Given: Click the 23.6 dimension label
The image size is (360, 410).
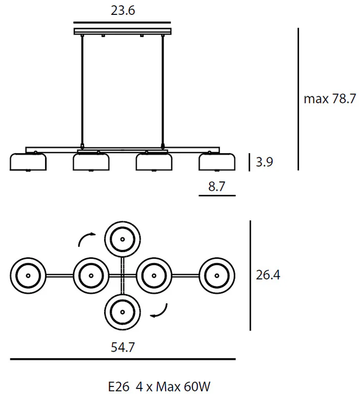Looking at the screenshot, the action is pyautogui.click(x=123, y=11).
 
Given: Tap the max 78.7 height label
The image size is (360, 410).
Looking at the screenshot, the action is pyautogui.click(x=330, y=99).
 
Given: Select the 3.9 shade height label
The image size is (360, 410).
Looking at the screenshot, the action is pyautogui.click(x=264, y=162).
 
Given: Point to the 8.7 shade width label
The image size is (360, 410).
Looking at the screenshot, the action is pyautogui.click(x=216, y=187).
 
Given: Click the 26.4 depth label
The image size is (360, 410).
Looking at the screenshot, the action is pyautogui.click(x=268, y=275).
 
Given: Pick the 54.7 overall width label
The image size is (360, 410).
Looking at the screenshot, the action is pyautogui.click(x=123, y=347).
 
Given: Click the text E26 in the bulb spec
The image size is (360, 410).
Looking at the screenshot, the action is pyautogui.click(x=119, y=387).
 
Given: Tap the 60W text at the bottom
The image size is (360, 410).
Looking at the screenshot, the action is pyautogui.click(x=197, y=387).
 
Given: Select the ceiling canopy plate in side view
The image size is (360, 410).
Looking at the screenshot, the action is pyautogui.click(x=123, y=31).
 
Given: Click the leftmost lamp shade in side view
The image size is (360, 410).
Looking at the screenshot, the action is pyautogui.click(x=28, y=162).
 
